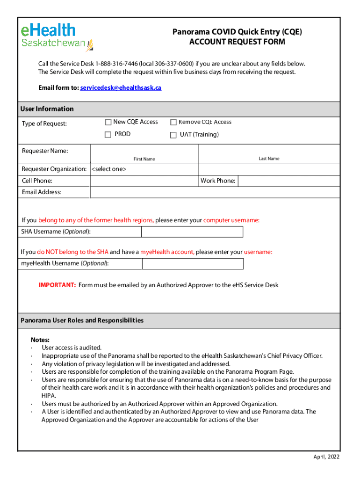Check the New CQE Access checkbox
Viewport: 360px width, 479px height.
click(108, 123)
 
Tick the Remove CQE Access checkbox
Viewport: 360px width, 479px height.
click(173, 123)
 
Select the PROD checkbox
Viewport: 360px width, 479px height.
click(108, 135)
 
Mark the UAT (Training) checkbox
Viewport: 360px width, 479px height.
click(173, 135)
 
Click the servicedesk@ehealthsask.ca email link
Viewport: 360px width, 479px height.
click(121, 87)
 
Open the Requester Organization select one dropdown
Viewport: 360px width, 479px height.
click(144, 169)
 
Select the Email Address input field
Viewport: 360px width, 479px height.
click(215, 192)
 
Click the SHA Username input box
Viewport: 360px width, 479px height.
click(192, 232)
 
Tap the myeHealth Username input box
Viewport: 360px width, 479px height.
click(192, 264)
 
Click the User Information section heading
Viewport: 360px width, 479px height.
click(47, 109)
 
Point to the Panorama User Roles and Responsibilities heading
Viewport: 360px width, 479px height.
click(82, 320)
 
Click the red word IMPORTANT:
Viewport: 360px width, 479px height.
click(57, 285)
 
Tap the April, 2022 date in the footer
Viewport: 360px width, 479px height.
click(326, 457)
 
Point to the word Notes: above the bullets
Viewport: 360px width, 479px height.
click(40, 340)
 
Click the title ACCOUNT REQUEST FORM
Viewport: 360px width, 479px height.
click(237, 42)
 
